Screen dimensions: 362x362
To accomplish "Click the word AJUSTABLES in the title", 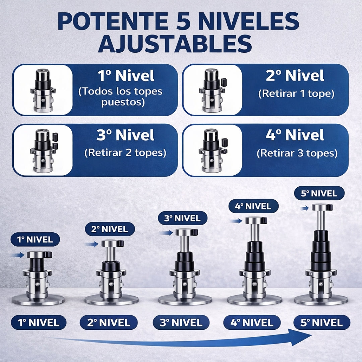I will pyautogui.click(x=175, y=44).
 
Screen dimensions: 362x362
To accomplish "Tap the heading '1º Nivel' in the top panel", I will pyautogui.click(x=126, y=76).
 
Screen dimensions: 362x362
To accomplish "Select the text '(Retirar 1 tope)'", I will pyautogui.click(x=296, y=94).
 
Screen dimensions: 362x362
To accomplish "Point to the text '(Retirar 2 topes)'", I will pyautogui.click(x=125, y=153).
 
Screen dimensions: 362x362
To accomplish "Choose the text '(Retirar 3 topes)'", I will pyautogui.click(x=297, y=154).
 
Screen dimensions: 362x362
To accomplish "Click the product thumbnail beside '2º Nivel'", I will pyautogui.click(x=213, y=90).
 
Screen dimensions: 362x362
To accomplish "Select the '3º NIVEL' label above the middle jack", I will pyautogui.click(x=182, y=218).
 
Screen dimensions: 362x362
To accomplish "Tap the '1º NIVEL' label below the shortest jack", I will pyautogui.click(x=39, y=323).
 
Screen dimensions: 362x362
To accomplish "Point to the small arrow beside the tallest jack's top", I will pyautogui.click(x=305, y=208).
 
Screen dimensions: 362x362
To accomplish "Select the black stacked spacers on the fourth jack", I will pyautogui.click(x=254, y=255).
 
